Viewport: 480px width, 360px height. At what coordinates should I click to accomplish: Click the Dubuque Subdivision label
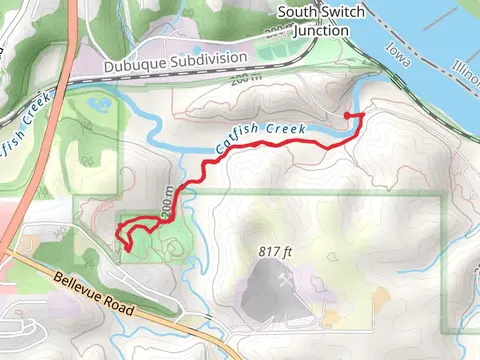195,59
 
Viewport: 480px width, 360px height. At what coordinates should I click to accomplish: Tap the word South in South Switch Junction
297,12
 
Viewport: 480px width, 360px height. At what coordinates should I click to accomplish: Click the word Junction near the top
315,29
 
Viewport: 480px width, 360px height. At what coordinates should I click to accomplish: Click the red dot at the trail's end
347,117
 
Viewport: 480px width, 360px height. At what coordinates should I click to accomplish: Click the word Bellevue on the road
78,288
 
